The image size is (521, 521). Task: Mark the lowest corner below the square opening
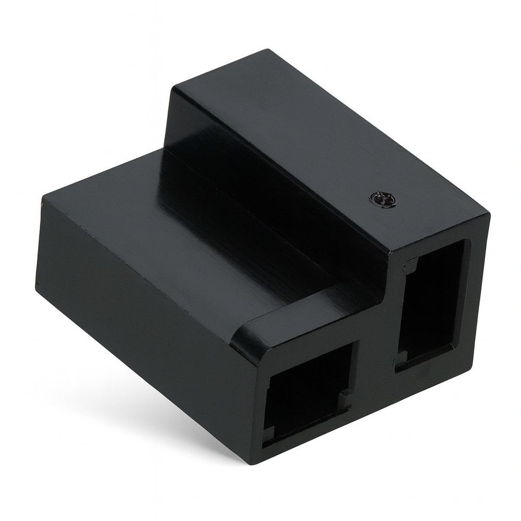(x=260, y=464)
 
